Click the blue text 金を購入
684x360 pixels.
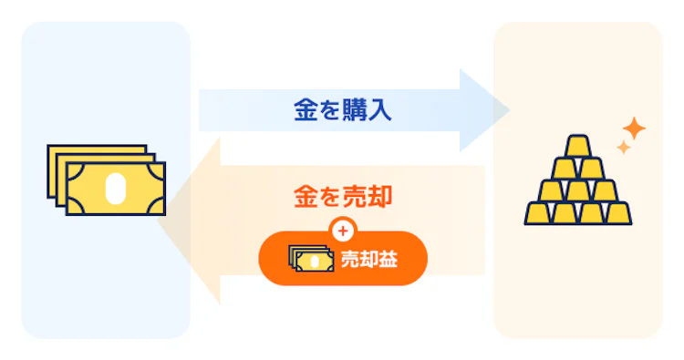tap(342, 111)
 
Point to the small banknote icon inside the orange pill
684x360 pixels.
tap(311, 259)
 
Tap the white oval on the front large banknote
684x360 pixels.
tap(114, 188)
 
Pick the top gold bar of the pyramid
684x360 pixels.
tap(578, 147)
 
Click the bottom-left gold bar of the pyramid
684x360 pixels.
tap(542, 213)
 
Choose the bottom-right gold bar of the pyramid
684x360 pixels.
tap(616, 213)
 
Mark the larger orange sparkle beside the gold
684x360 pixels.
tap(631, 129)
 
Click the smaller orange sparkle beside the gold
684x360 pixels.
tap(624, 148)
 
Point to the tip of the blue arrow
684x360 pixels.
tap(507, 110)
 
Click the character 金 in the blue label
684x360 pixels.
tap(304, 111)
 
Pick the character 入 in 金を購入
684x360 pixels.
tap(380, 111)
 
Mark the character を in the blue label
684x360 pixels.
tap(328, 111)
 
